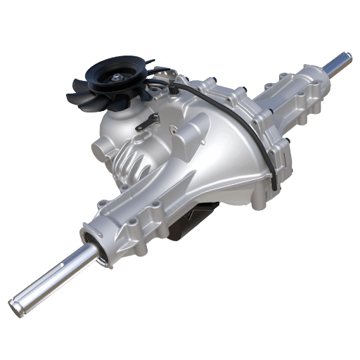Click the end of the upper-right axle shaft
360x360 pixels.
click(347, 56)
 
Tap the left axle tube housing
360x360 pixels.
click(134, 218)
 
